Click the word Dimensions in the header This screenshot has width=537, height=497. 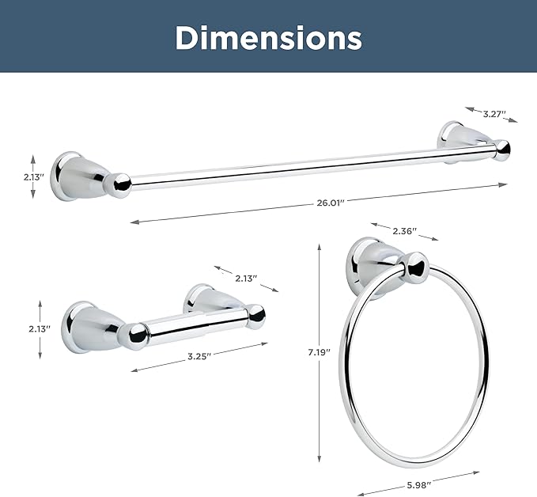coord(269,38)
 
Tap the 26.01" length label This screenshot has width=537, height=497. coord(330,203)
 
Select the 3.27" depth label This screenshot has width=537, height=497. coord(494,114)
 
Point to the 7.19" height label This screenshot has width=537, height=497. coord(319,352)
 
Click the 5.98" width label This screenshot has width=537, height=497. coord(419,485)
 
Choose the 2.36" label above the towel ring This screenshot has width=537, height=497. coord(404,231)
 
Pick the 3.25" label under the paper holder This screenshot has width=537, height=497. coord(199,356)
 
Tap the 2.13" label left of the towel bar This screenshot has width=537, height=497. coord(34,177)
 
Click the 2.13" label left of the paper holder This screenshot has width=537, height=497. coord(40,329)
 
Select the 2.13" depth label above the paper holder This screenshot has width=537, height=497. coord(246,279)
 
